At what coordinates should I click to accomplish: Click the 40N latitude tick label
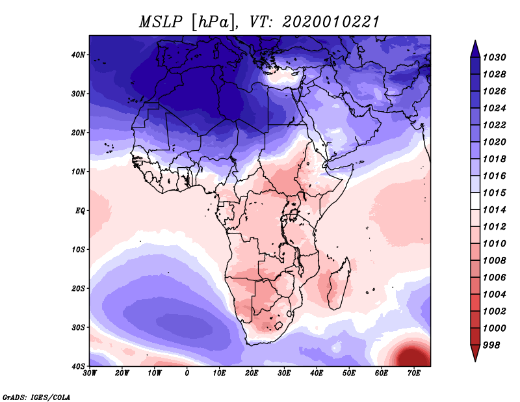tap(78, 55)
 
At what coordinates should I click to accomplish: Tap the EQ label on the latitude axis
tap(80, 211)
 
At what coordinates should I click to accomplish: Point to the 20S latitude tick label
tap(78, 288)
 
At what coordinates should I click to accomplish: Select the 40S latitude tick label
tap(78, 366)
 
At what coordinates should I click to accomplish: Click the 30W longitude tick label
tap(90, 373)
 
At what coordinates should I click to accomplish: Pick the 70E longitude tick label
tap(414, 373)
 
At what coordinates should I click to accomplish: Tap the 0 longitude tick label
tap(187, 373)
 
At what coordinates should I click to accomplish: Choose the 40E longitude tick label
tap(317, 373)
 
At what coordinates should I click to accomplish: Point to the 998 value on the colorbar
tap(492, 345)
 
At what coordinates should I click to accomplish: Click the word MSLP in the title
tap(161, 21)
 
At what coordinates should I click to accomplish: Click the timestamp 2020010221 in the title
tap(330, 21)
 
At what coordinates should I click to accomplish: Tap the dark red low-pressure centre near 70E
tap(411, 356)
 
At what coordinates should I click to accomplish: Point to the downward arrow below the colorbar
tap(475, 355)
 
